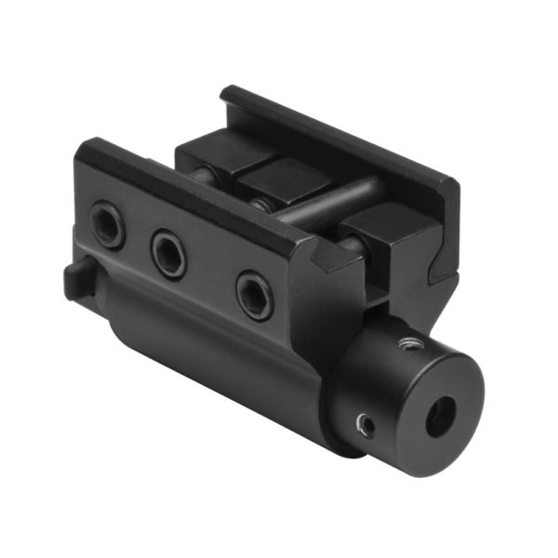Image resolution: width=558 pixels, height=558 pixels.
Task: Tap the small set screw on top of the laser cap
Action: pyautogui.click(x=406, y=345)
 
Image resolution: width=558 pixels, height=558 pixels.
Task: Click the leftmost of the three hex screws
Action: pyautogui.click(x=108, y=225)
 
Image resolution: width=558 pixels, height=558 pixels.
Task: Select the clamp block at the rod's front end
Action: pyautogui.click(x=381, y=229)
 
